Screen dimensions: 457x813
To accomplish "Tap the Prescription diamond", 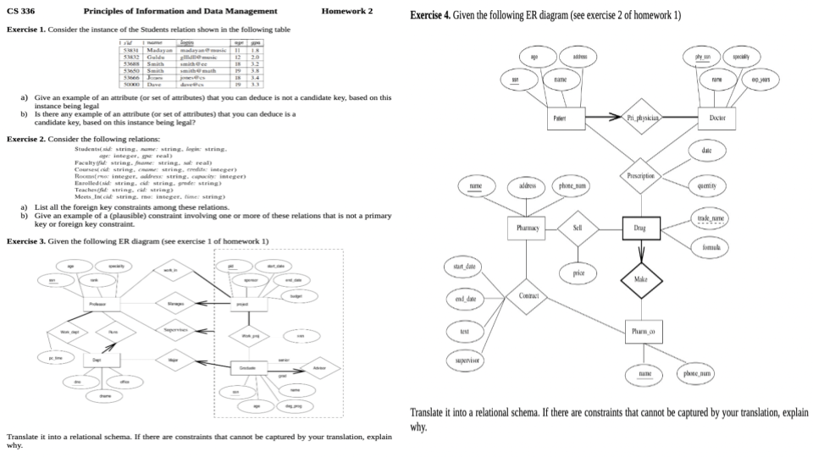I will click(641, 176).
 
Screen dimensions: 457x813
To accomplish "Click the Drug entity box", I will click(641, 228).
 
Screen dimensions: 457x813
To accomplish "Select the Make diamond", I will click(641, 278).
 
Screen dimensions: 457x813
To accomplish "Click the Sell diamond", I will click(578, 228).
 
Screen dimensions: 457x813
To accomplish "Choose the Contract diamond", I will click(527, 297).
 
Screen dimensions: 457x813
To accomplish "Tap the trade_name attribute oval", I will click(710, 218).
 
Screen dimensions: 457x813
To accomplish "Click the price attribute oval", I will click(578, 273).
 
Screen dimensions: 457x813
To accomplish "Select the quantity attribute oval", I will click(706, 184).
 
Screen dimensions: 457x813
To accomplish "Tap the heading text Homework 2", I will click(347, 11).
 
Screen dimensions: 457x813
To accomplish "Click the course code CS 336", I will click(21, 11).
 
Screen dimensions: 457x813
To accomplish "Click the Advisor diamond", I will click(318, 368).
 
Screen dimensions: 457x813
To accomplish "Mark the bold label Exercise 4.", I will click(429, 15).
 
